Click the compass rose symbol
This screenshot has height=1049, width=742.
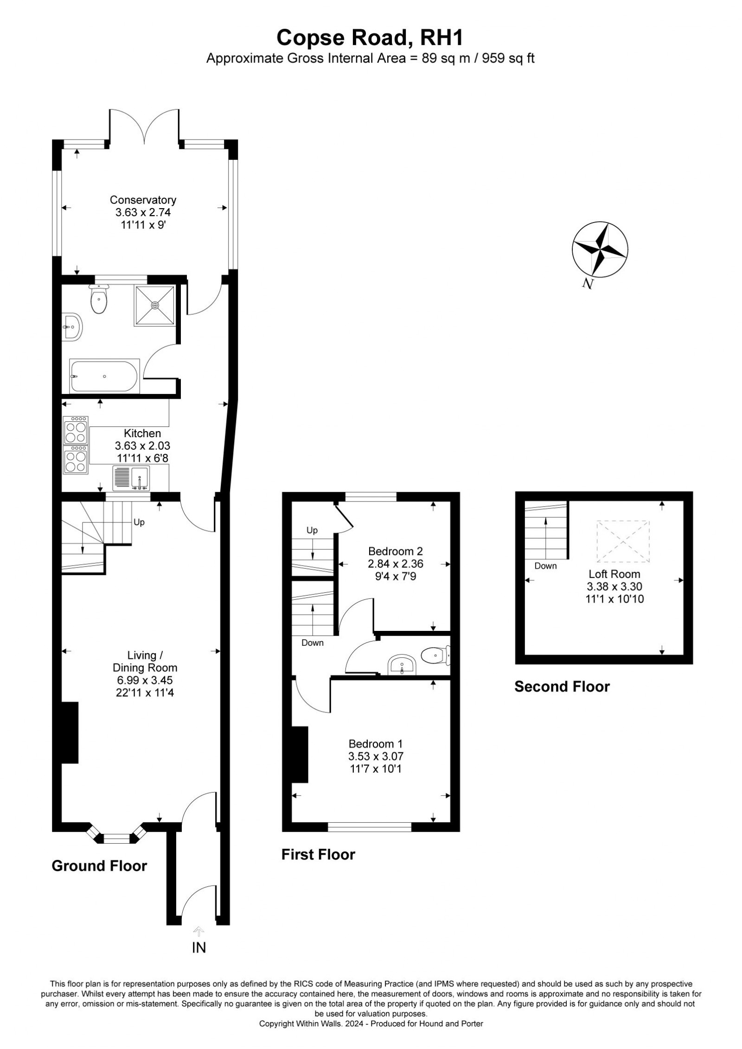point(600,249)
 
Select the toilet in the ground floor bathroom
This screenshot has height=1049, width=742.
point(99,299)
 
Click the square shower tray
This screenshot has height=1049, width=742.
point(155,305)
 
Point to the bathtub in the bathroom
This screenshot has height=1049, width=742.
point(104,376)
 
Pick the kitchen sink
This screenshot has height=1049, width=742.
point(131,478)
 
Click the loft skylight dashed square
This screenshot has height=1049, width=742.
point(623,541)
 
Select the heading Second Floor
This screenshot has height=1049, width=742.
point(562,687)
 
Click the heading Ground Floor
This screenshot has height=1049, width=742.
point(99,866)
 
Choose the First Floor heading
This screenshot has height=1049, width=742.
point(318,854)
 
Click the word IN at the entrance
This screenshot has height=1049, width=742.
point(199,948)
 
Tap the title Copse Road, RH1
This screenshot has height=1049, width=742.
point(370,38)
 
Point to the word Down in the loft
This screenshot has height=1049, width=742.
point(545,566)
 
